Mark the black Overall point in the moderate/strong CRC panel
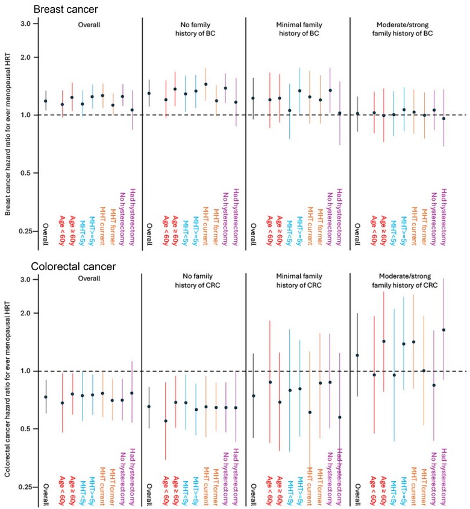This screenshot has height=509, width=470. click(357, 355)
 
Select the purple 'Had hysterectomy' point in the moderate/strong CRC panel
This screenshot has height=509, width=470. click(444, 330)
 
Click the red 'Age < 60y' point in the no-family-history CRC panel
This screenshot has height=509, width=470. click(166, 421)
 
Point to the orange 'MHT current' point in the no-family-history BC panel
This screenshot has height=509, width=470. click(205, 84)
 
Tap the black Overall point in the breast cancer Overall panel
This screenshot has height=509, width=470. click(46, 101)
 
